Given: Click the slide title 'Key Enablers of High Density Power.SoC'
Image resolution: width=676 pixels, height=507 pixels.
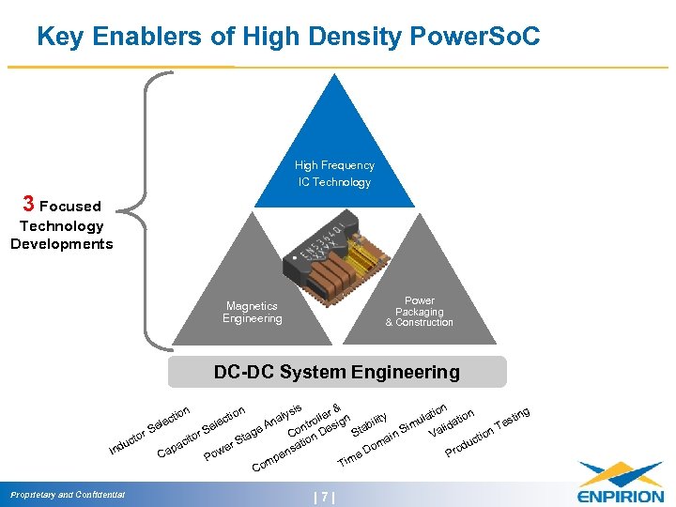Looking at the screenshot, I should [x=288, y=37].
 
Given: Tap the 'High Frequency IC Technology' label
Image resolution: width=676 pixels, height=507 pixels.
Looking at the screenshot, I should [x=334, y=174].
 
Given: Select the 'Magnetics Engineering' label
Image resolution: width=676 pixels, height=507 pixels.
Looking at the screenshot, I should [x=252, y=312].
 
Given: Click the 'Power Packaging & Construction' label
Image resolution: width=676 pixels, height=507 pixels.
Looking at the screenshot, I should [x=419, y=312].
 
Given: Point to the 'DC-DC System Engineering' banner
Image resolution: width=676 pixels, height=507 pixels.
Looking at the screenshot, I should [x=336, y=372].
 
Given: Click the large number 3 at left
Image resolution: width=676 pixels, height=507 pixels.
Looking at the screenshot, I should [x=29, y=204].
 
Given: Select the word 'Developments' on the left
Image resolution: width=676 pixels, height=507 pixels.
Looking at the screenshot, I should [x=61, y=244].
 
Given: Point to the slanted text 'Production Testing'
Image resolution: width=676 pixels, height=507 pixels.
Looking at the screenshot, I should [x=488, y=433].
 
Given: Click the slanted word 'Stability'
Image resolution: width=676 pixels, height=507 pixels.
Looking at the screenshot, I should [x=369, y=424].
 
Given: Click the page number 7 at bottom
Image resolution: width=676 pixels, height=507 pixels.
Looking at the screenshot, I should [x=324, y=497].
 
